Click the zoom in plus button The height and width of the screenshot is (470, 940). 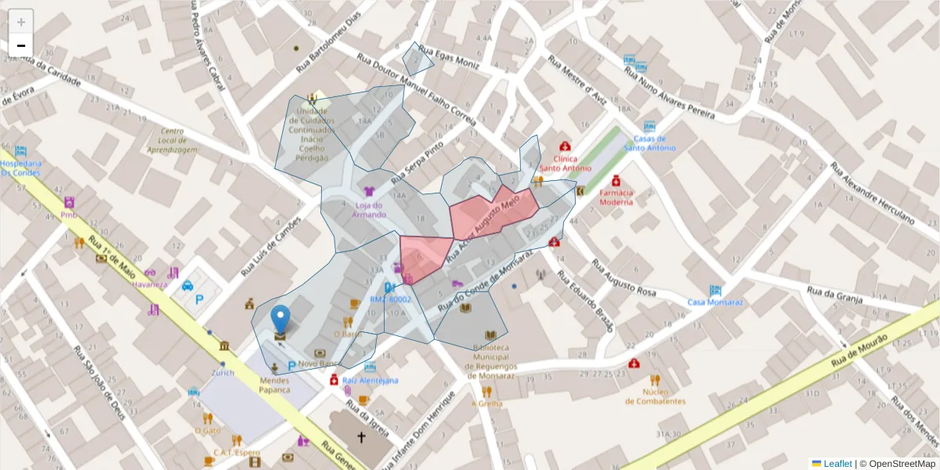tap(21, 22)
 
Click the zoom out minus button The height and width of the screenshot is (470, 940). tap(21, 45)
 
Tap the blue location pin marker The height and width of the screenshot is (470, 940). tap(280, 320)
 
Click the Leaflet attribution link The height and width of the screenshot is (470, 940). tap(837, 463)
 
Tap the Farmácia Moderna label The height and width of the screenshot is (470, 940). tap(616, 197)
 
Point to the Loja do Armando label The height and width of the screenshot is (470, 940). tap(369, 210)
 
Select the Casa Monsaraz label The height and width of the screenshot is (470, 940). tap(714, 302)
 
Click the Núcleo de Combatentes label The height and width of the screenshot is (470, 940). tap(655, 396)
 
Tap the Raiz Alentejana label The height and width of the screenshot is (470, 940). tap(370, 380)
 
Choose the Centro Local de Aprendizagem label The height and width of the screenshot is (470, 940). tap(172, 140)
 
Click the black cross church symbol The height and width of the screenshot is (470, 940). tap(361, 437)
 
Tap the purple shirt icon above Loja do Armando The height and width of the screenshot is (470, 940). tap(369, 190)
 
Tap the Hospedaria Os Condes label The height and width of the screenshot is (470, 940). tap(21, 168)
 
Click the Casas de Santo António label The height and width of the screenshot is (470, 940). tap(649, 143)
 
